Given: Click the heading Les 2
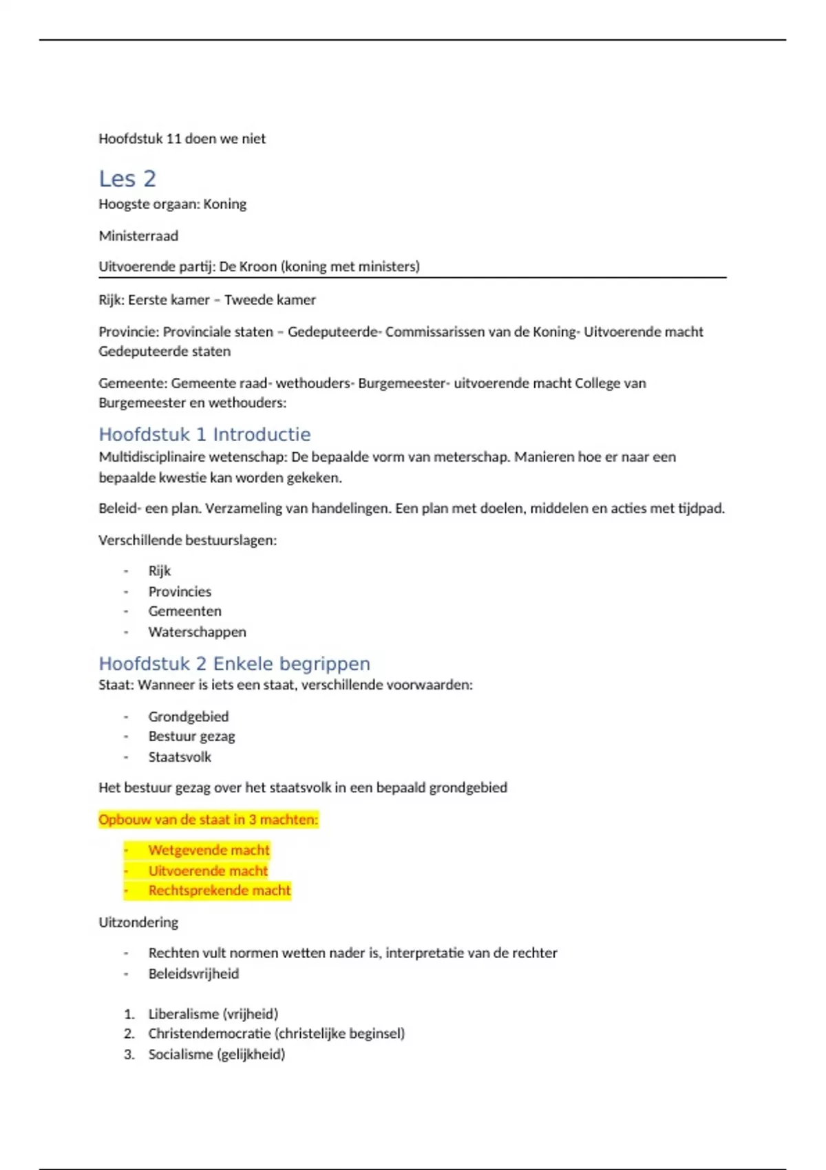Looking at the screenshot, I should pyautogui.click(x=127, y=179).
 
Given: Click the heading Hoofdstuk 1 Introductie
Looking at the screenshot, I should pyautogui.click(x=204, y=434).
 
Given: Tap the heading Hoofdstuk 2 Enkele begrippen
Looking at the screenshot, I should pyautogui.click(x=234, y=663).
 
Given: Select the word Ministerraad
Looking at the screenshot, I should pyautogui.click(x=138, y=236).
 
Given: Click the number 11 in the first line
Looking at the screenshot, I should pyautogui.click(x=173, y=139).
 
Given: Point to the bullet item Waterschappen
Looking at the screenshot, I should pyautogui.click(x=197, y=632).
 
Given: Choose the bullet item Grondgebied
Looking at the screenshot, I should pyautogui.click(x=188, y=716).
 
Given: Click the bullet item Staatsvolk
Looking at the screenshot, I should pyautogui.click(x=180, y=757).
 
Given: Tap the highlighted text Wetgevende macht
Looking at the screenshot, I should pyautogui.click(x=209, y=851).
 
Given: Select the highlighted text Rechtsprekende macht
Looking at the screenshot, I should pyautogui.click(x=220, y=891).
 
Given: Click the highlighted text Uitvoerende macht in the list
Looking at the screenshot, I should pyautogui.click(x=208, y=871).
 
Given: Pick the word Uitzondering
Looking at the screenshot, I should pyautogui.click(x=138, y=922).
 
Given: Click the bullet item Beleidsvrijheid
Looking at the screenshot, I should pyautogui.click(x=193, y=974).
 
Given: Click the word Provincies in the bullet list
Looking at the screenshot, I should pyautogui.click(x=180, y=592).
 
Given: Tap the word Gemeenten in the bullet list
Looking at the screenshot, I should pyautogui.click(x=184, y=611).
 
